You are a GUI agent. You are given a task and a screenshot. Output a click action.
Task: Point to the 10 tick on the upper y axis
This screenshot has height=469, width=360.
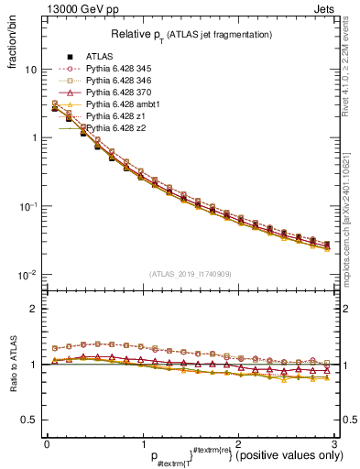[31, 70]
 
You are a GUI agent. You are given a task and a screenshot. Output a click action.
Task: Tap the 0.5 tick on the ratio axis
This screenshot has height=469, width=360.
[29, 420]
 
